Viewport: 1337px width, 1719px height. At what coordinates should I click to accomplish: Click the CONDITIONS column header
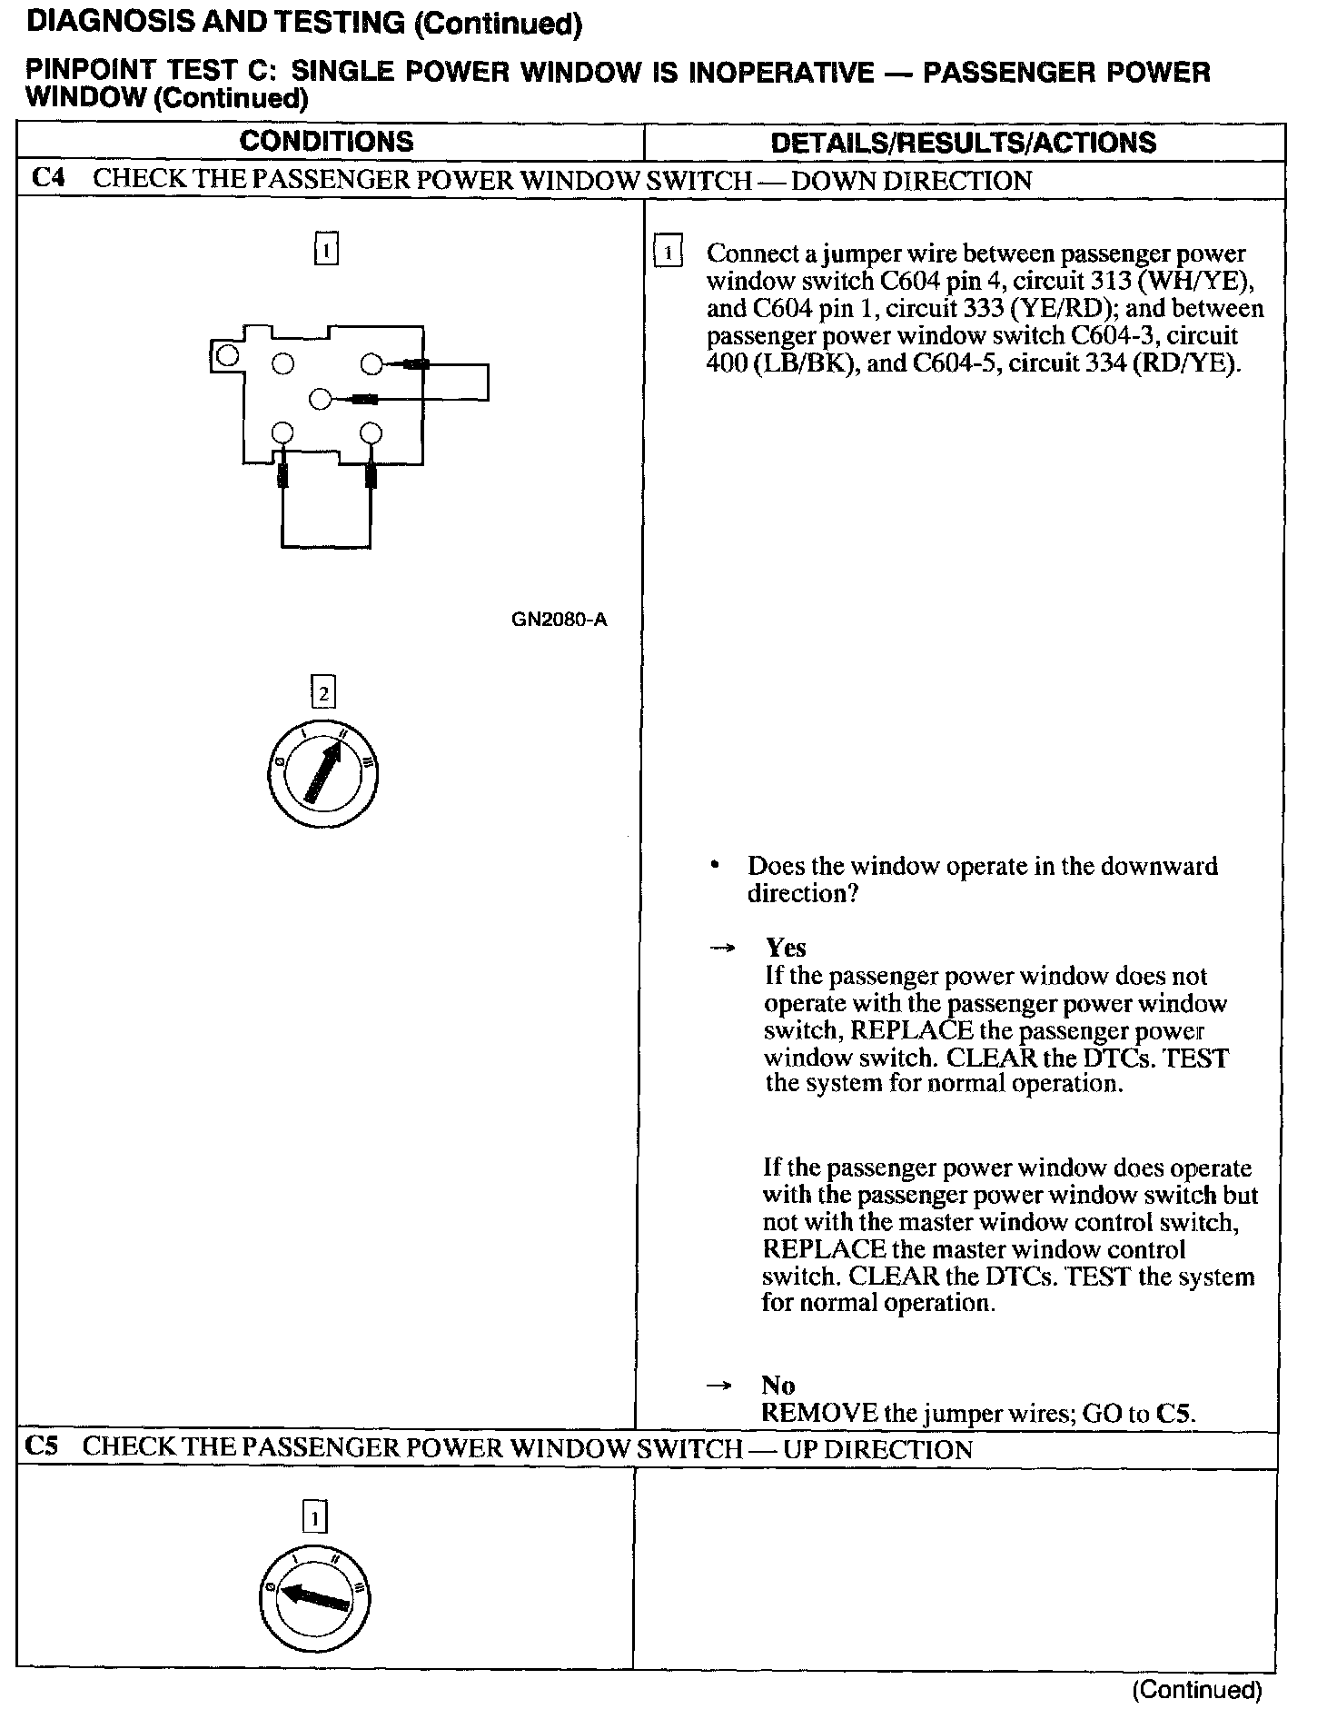326,141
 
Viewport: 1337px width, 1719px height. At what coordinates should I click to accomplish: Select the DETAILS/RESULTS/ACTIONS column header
963,142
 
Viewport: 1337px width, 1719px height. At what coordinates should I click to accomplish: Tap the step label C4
48,178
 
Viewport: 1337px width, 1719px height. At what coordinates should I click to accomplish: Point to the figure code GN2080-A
559,620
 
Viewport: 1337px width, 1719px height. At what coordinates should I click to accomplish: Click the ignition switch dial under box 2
323,774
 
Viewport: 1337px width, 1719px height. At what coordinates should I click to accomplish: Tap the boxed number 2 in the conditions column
323,694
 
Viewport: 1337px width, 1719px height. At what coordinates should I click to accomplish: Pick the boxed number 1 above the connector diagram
326,249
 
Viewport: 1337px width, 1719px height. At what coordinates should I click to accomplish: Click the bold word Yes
786,948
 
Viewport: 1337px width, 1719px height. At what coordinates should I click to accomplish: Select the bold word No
778,1385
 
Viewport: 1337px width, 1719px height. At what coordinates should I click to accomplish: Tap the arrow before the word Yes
721,948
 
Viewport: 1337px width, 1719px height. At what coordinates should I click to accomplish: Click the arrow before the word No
718,1386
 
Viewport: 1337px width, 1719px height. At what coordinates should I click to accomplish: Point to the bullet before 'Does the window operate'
717,865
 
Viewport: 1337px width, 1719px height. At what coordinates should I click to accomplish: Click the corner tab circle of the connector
228,354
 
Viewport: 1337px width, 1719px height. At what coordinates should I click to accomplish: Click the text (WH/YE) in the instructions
1206,281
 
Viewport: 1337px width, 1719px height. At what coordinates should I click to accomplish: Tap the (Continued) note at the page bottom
1196,1689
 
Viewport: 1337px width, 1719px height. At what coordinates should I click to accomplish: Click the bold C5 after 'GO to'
1174,1413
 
